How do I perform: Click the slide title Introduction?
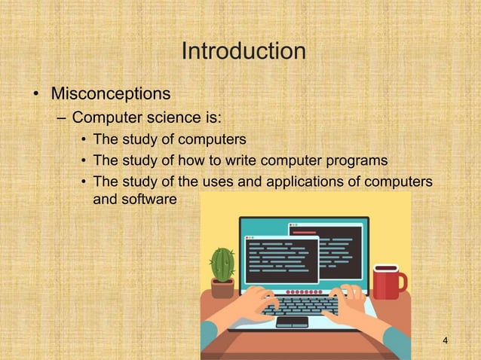point(243,52)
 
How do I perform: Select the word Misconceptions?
point(109,95)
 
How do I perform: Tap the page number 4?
point(446,343)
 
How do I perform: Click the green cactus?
point(222,264)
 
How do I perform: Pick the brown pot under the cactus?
point(222,288)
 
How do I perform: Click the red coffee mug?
point(386,282)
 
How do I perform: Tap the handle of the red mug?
point(402,283)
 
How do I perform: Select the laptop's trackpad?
point(292,322)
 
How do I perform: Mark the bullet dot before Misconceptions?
point(35,96)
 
